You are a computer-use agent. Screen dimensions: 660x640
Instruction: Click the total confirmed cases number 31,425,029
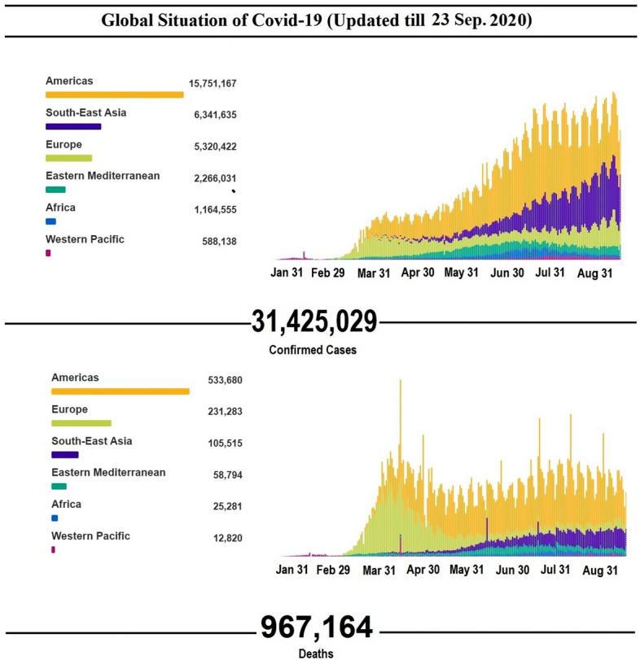[x=314, y=322]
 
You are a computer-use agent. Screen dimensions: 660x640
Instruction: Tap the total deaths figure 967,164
[x=317, y=628]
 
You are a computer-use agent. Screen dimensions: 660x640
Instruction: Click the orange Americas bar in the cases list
[x=114, y=95]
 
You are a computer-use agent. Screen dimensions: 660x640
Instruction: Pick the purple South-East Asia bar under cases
[x=73, y=127]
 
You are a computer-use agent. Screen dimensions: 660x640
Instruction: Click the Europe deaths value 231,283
[x=226, y=412]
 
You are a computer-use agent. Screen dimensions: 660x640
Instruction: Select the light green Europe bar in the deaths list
[x=81, y=423]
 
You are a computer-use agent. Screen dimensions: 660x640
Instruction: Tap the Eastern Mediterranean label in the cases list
[x=103, y=176]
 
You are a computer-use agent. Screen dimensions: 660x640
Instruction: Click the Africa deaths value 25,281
[x=226, y=507]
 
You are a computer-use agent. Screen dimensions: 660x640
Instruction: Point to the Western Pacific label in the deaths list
[x=90, y=535]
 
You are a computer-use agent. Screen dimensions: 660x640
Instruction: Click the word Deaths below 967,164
[x=317, y=653]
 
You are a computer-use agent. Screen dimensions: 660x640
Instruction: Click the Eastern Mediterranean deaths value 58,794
[x=226, y=475]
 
